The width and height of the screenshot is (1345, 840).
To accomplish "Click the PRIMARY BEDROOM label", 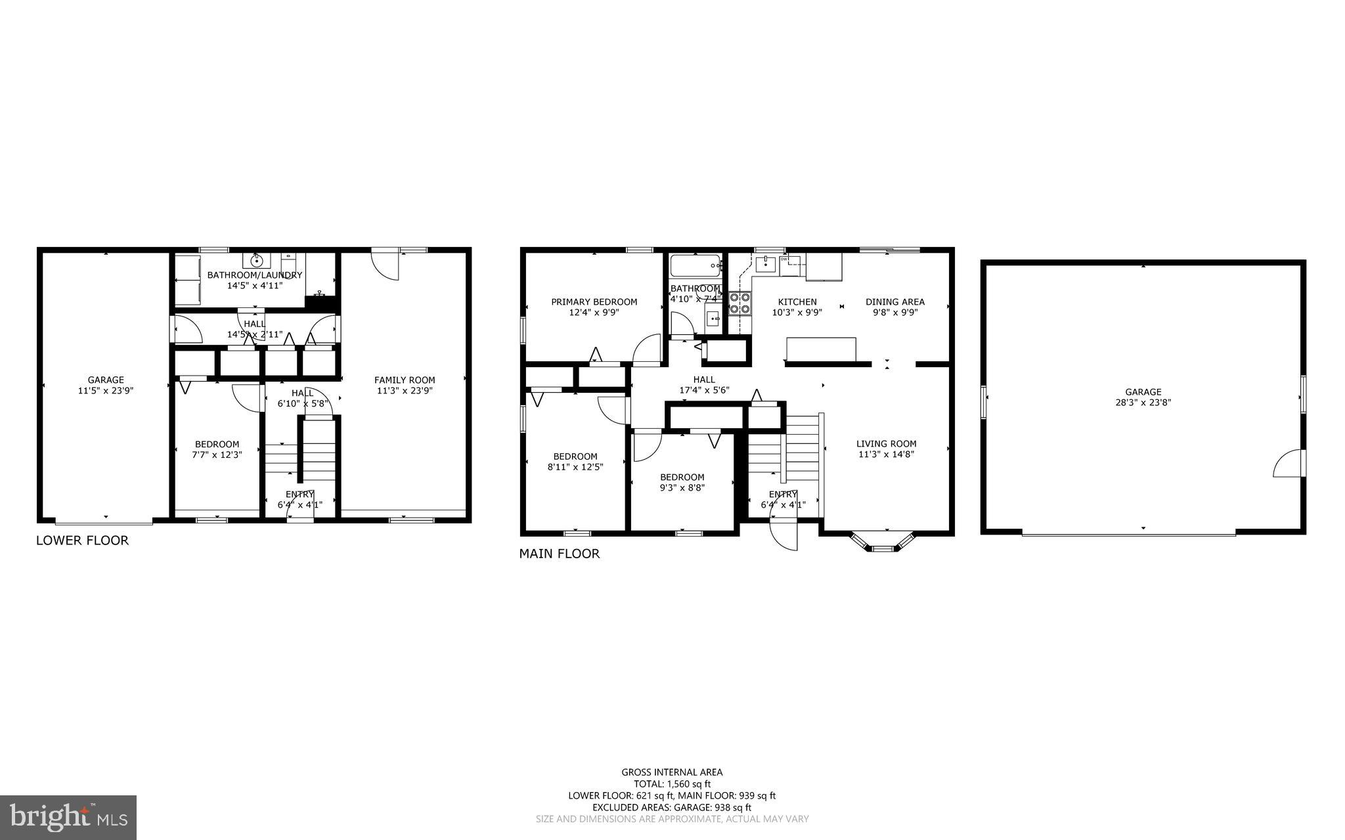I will click(594, 302).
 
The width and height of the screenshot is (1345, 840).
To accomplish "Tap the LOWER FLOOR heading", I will click(82, 541).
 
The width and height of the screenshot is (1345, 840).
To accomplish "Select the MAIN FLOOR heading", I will click(560, 554).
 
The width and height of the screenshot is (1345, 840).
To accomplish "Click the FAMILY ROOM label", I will click(405, 380).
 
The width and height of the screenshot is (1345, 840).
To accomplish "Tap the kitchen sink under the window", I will click(765, 264).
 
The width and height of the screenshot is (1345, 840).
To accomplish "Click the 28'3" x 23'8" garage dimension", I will click(1143, 403).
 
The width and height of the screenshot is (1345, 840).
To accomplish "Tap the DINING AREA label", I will click(894, 302).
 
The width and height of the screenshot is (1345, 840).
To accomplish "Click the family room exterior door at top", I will click(385, 265).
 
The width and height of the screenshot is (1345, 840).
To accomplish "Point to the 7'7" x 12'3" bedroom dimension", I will click(217, 454).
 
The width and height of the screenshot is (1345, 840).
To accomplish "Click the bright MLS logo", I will click(68, 817).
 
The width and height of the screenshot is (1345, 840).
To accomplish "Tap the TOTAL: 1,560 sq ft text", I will click(672, 784).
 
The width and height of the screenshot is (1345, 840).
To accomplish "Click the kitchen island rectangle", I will click(821, 349).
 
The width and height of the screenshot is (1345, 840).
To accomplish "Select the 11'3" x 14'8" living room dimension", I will click(886, 454).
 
